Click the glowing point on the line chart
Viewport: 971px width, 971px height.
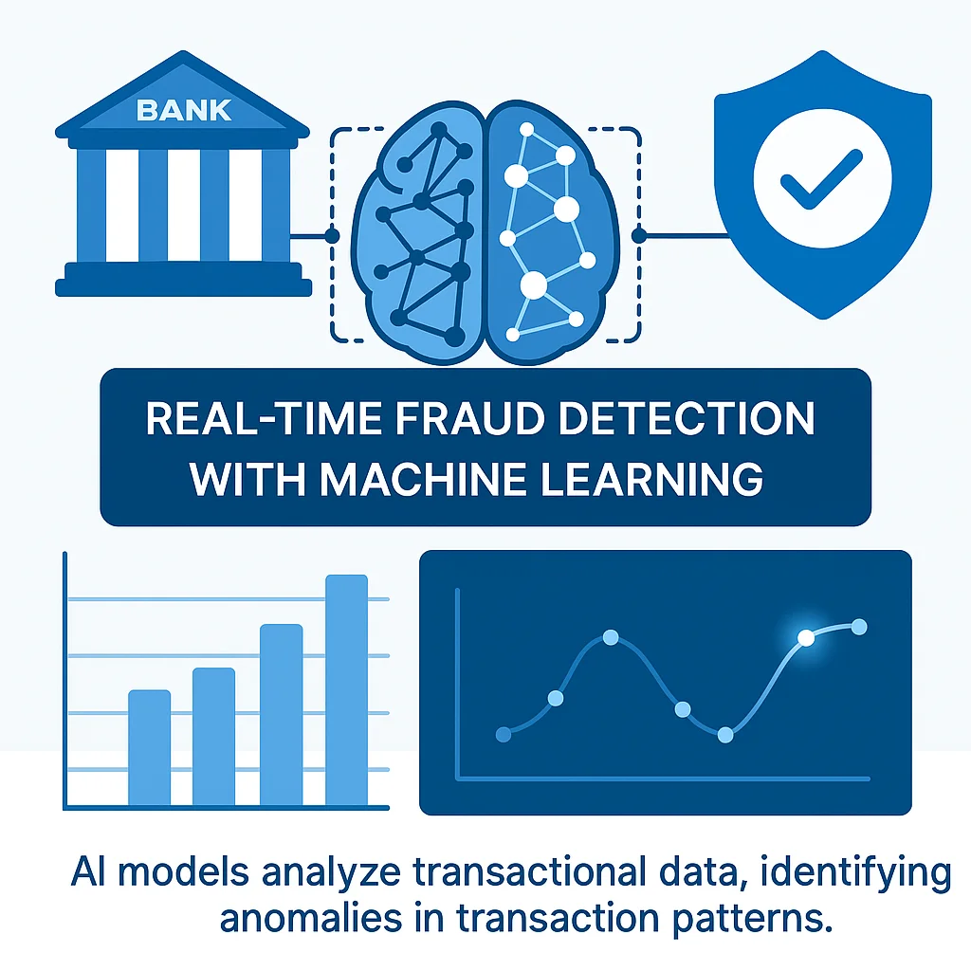(806, 638)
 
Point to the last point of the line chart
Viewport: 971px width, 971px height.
(860, 626)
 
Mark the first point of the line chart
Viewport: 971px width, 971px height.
(504, 734)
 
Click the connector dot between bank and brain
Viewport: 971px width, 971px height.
(332, 235)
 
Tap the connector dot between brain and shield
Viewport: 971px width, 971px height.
(638, 235)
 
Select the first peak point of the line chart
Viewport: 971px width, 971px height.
(611, 637)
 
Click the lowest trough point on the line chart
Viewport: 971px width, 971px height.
(725, 734)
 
